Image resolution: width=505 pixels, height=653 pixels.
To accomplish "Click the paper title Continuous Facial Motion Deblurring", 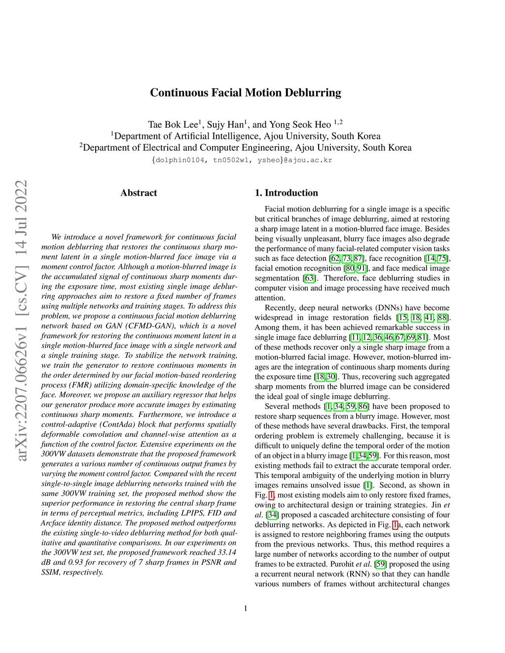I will [245, 93].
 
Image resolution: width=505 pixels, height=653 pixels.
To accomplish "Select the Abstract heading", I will [139, 193].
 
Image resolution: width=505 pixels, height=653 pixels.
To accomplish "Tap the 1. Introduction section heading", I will [286, 193].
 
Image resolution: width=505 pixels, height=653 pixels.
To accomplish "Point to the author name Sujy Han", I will [225, 124].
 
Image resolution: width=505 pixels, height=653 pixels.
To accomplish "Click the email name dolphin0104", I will [179, 160].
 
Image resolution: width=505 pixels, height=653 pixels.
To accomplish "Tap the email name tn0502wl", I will [231, 160].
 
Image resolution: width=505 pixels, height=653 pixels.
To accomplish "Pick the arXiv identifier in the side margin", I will [21, 320].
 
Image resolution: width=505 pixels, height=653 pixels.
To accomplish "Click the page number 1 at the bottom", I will [246, 608].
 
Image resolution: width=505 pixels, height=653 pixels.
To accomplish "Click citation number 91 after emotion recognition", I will [362, 268].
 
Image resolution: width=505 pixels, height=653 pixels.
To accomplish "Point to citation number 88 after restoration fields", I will [443, 317].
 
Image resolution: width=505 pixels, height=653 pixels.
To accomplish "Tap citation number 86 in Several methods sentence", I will [363, 406].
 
